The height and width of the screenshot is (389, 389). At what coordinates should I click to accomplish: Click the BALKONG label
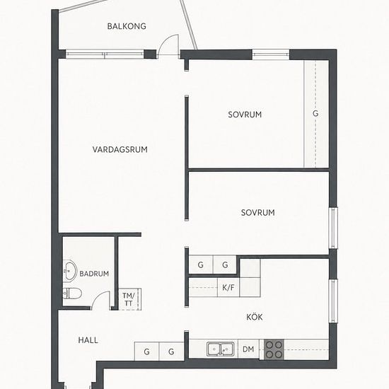click(x=127, y=26)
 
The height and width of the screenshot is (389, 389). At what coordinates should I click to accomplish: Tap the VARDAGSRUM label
click(x=120, y=149)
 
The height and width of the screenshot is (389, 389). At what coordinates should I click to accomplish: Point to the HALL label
click(x=88, y=340)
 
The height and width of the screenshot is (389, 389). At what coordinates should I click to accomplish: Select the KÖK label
click(x=255, y=317)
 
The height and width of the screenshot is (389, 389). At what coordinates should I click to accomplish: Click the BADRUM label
click(x=94, y=274)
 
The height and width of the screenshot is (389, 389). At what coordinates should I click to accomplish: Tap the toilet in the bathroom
click(x=72, y=294)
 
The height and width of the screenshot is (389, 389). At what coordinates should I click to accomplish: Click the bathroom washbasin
click(x=70, y=270)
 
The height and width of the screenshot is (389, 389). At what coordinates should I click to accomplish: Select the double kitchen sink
click(x=220, y=349)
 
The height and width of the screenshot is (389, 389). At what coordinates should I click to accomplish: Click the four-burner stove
click(x=274, y=349)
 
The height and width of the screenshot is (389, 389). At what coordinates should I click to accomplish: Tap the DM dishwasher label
click(x=248, y=349)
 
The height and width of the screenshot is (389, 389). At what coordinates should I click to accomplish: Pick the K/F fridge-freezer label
click(x=228, y=288)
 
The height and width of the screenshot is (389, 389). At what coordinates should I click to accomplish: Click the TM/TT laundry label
click(x=129, y=299)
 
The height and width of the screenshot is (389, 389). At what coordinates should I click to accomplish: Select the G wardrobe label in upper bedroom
click(x=315, y=113)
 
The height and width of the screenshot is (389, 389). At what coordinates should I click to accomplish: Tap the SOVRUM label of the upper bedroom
click(x=245, y=115)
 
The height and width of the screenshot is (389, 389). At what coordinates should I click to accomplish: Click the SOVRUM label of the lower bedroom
click(x=258, y=213)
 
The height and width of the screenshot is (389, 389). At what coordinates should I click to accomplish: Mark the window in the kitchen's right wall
click(x=333, y=301)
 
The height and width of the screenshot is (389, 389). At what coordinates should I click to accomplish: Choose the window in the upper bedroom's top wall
click(x=271, y=54)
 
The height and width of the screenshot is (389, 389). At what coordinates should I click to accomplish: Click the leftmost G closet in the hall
click(x=146, y=352)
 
